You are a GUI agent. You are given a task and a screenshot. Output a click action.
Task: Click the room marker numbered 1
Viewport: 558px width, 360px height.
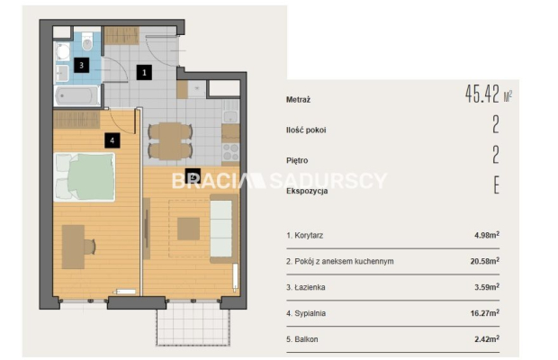(144, 73)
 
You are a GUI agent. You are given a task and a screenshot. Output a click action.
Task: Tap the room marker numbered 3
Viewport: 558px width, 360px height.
(82, 65)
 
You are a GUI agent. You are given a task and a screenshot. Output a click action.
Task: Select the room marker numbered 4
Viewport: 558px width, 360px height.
(112, 140)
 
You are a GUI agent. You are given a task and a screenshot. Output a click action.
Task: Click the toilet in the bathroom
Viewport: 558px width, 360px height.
(87, 41)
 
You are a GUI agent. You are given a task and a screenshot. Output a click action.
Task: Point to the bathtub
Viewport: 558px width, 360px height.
(77, 95)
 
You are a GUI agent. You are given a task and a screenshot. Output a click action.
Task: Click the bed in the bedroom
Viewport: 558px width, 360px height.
(85, 176)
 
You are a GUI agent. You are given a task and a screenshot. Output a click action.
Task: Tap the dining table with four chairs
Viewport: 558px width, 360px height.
(170, 141)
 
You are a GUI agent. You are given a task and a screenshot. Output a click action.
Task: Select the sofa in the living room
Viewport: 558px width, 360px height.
(224, 229)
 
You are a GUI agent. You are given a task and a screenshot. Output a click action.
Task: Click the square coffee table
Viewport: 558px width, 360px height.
(189, 229)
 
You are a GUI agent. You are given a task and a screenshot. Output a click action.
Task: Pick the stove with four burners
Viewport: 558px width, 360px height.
(230, 152)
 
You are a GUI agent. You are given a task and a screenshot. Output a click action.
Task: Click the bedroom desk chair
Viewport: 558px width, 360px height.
(90, 247)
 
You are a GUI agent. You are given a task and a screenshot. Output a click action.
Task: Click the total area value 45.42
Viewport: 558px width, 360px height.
(482, 94)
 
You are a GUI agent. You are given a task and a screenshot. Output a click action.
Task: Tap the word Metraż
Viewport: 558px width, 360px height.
(298, 100)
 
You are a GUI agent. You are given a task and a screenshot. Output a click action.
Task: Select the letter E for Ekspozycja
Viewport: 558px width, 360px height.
(497, 185)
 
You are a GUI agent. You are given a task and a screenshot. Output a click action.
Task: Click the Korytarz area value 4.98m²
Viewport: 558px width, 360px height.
(487, 235)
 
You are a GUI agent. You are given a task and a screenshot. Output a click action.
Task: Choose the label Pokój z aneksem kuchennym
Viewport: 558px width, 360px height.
(344, 262)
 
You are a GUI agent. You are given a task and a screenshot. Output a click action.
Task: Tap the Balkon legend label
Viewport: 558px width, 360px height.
(306, 339)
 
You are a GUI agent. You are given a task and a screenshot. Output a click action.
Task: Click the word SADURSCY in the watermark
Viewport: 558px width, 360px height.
(328, 181)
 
